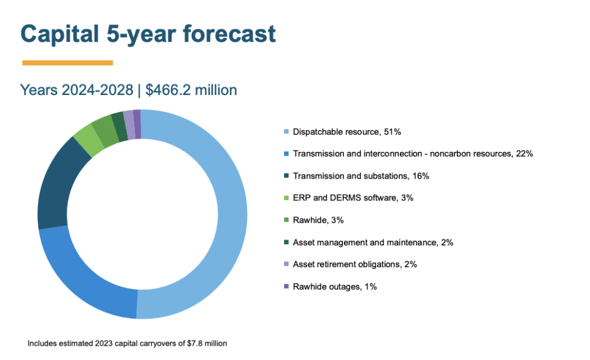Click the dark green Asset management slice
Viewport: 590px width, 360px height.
click(x=119, y=119)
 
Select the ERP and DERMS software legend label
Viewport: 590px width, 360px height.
click(x=353, y=198)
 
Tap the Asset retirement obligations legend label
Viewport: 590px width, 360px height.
click(x=354, y=264)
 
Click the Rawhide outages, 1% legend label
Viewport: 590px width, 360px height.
click(x=335, y=286)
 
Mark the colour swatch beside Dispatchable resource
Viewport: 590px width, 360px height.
click(x=286, y=132)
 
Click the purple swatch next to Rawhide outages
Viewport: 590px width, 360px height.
click(x=286, y=286)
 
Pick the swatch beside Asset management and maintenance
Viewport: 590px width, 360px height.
click(x=286, y=242)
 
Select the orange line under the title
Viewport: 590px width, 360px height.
click(x=67, y=62)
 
